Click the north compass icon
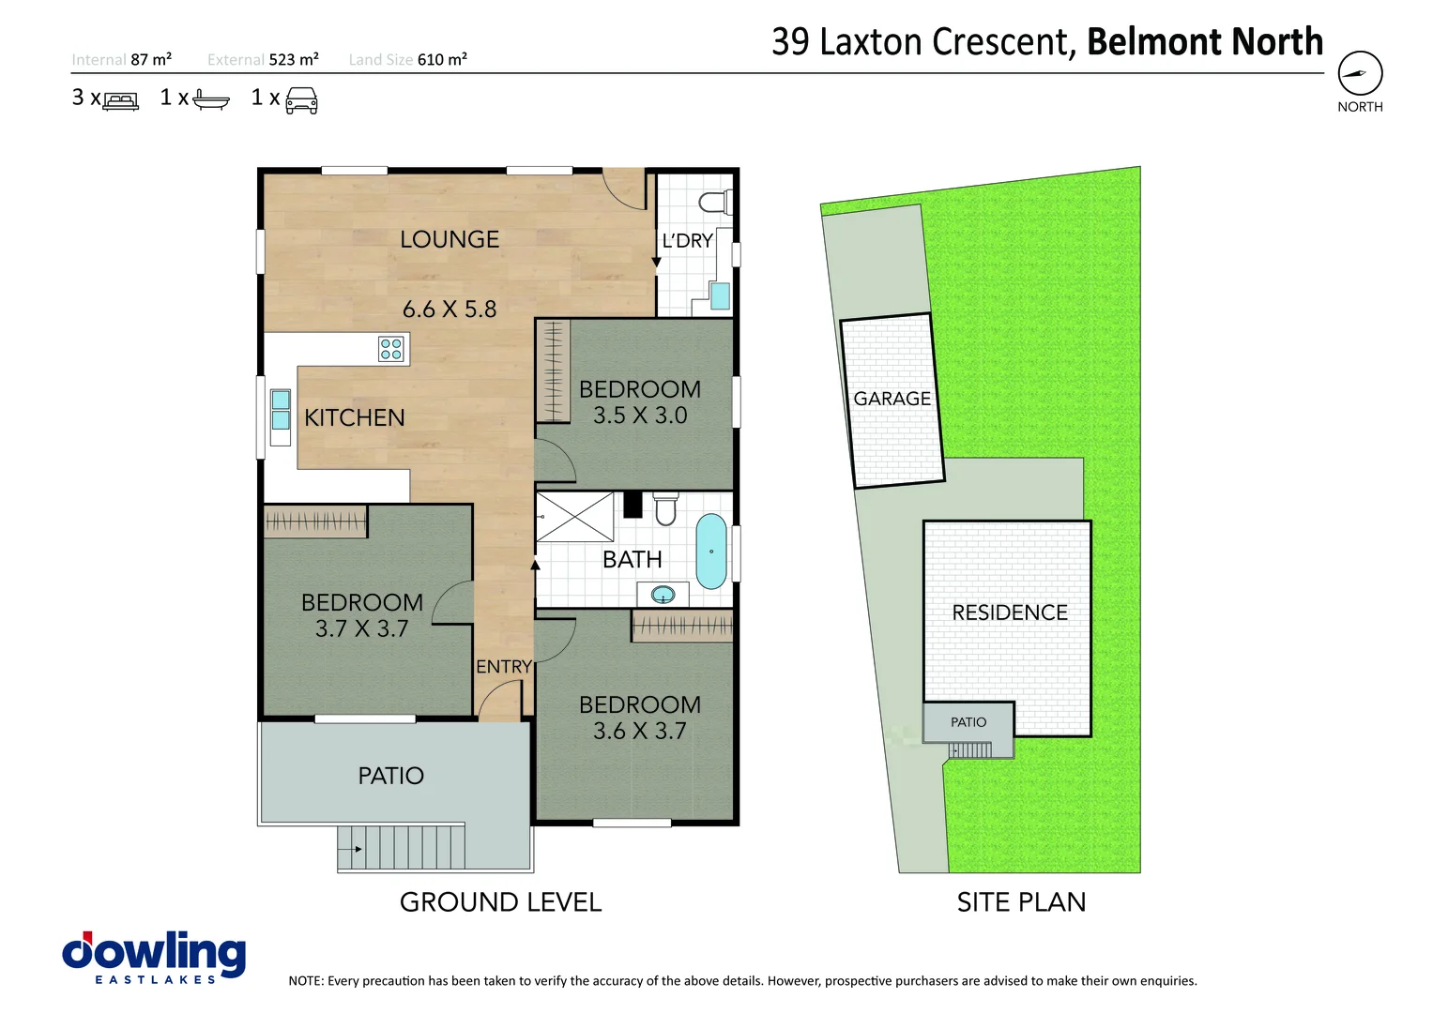1360,73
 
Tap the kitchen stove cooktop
390,349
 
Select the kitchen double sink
281,410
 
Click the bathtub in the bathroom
711,551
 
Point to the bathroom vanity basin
663,595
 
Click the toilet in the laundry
715,202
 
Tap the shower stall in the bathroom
574,517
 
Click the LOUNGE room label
450,240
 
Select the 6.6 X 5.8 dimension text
450,310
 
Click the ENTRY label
504,667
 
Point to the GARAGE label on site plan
892,399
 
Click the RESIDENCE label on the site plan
1010,612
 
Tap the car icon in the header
301,99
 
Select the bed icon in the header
121,100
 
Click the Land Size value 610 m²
442,60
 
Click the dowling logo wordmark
155,952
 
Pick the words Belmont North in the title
1204,42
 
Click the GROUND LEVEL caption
500,902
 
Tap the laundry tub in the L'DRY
720,296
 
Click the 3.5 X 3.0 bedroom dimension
640,416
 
